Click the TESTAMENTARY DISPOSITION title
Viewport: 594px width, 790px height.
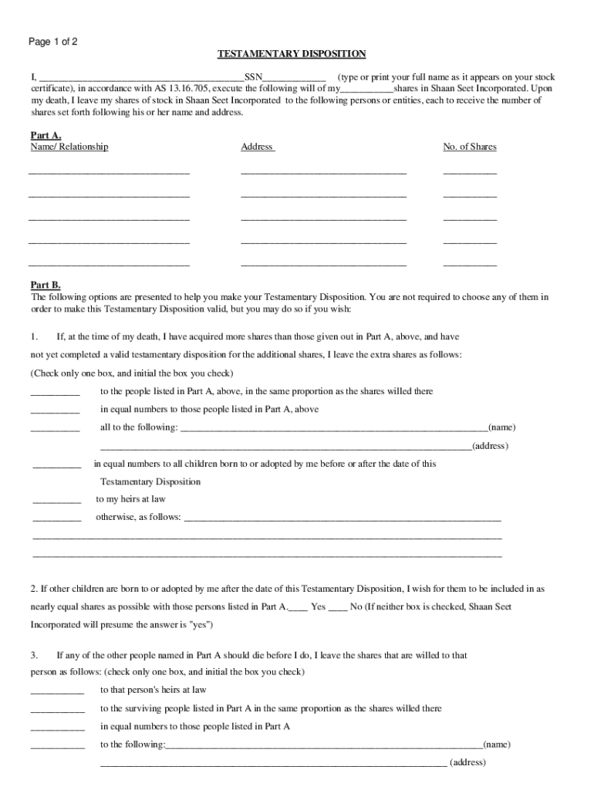(291, 54)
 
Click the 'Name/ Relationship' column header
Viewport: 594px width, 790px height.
(69, 147)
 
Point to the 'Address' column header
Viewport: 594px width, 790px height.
(258, 147)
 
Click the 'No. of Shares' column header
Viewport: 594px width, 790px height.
(469, 147)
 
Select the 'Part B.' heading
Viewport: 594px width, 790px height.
(46, 285)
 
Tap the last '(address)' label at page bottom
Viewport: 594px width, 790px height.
(467, 762)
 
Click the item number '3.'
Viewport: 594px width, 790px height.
(35, 655)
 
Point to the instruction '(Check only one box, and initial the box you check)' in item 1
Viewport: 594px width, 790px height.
(132, 373)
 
